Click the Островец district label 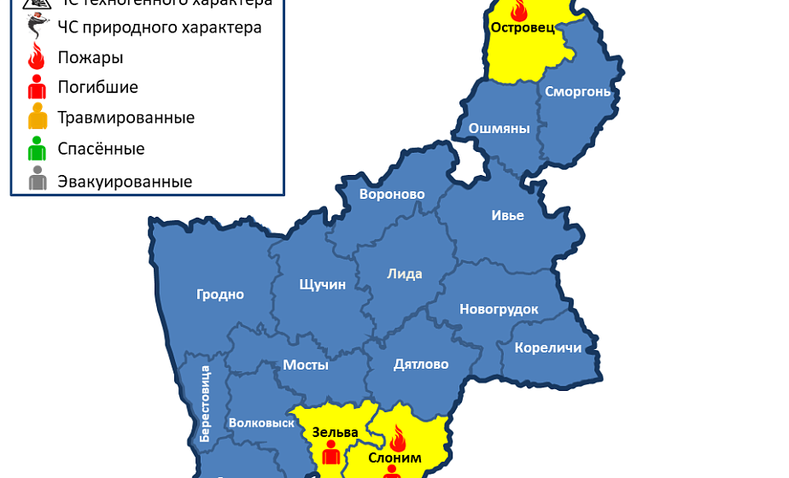[523, 28]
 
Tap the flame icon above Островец [518, 9]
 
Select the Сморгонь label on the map [577, 91]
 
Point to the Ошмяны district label [500, 129]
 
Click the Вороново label [392, 195]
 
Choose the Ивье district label [508, 215]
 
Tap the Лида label [405, 274]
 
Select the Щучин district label [323, 284]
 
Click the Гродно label [220, 294]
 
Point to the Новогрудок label [499, 309]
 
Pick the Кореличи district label [547, 347]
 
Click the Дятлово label [421, 364]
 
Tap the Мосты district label [306, 364]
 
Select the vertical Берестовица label [205, 403]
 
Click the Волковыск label [261, 423]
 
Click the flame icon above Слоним [398, 440]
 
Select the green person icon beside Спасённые [37, 149]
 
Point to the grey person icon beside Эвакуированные [37, 181]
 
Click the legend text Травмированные [126, 118]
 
